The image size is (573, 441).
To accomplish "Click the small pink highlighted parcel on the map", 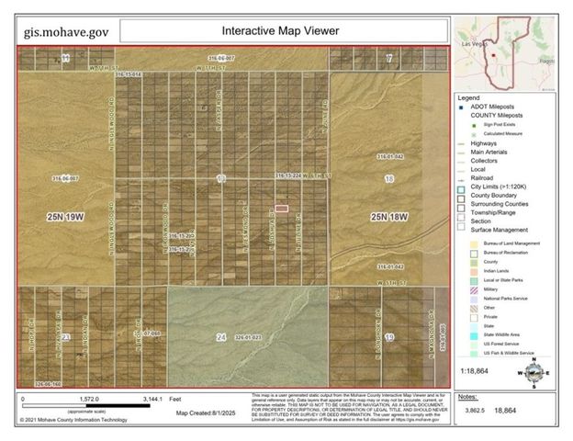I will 282,209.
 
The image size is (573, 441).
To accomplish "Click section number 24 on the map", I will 220,337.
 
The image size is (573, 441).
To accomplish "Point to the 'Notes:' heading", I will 467,397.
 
